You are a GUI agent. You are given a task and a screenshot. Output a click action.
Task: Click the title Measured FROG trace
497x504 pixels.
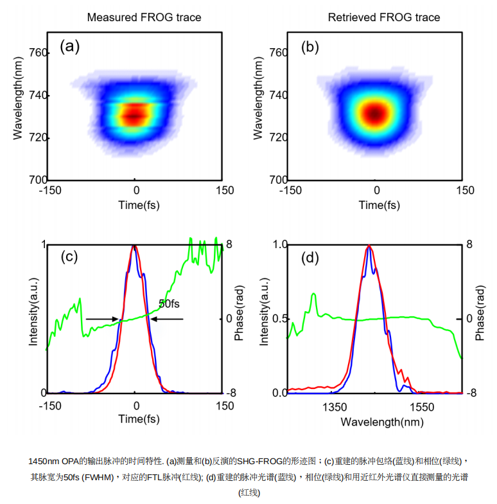[x=144, y=17]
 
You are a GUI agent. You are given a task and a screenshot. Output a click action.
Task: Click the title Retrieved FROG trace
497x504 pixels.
[x=384, y=17]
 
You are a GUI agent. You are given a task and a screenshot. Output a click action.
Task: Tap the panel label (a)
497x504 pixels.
[x=69, y=46]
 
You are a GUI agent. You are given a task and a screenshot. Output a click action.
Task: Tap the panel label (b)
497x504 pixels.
[x=310, y=46]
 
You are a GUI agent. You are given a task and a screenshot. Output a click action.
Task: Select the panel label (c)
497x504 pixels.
[x=69, y=257]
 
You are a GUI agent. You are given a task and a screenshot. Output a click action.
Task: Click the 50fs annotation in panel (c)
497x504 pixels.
[x=169, y=303]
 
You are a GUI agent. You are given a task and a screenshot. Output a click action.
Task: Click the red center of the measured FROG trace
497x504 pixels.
[x=134, y=116]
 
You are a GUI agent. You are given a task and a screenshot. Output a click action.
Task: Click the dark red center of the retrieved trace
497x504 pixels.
[x=376, y=114]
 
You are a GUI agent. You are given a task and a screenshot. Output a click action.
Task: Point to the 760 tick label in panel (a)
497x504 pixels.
[x=39, y=53]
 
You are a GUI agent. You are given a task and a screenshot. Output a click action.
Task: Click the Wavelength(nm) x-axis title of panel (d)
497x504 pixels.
[x=382, y=422]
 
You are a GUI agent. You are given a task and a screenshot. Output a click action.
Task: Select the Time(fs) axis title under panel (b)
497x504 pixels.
[x=379, y=205]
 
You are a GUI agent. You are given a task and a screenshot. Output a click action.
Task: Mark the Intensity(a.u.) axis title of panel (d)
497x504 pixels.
[x=264, y=311]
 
